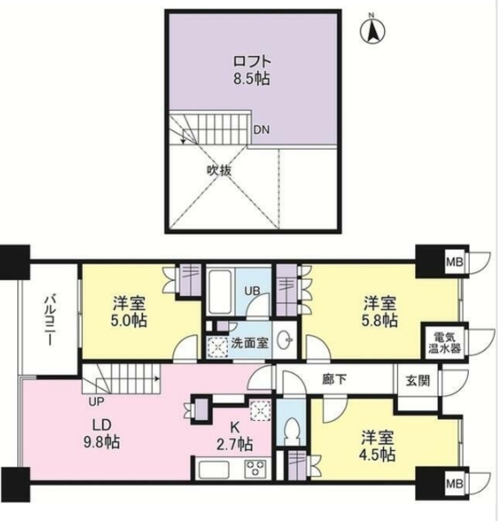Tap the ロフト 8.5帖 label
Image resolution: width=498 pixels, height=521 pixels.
(x=251, y=71)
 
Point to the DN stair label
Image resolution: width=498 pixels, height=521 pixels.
(x=261, y=130)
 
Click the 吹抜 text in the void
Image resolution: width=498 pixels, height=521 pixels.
(x=219, y=171)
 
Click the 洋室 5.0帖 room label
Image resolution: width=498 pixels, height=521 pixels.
(x=129, y=312)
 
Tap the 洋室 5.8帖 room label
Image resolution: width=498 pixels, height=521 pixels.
(x=380, y=312)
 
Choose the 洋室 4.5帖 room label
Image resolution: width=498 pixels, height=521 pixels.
(x=378, y=446)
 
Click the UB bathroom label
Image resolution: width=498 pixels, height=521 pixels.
(x=252, y=291)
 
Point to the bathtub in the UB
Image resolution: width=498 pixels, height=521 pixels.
(x=219, y=291)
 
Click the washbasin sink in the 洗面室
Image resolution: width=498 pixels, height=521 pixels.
(x=285, y=340)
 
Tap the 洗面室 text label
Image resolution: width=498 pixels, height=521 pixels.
(x=250, y=344)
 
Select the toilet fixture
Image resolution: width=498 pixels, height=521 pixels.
(x=291, y=429)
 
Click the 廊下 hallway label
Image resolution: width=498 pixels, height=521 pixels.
(x=334, y=379)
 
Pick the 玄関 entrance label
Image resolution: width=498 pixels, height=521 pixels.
(x=418, y=381)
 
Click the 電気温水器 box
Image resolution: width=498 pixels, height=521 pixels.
(x=444, y=343)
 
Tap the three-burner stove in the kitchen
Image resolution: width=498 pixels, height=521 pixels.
(x=255, y=469)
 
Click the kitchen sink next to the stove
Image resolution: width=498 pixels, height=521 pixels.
(x=214, y=470)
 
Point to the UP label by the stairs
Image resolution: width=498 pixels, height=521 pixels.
(x=96, y=401)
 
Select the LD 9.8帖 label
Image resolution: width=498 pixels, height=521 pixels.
(x=102, y=433)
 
